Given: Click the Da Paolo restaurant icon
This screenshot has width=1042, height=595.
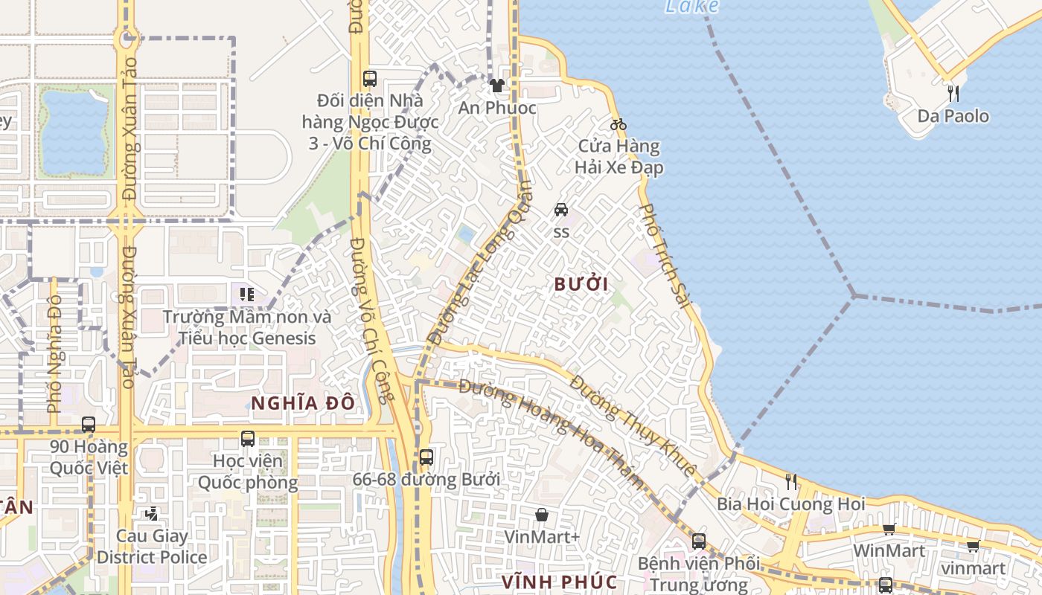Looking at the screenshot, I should tap(953, 94).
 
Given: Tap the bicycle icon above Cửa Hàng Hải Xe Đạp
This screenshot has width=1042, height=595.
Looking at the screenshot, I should tap(618, 124).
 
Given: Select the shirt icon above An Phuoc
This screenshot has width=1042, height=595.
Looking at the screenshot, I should tap(496, 86).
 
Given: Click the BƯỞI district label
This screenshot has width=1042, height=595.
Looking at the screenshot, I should tap(581, 284).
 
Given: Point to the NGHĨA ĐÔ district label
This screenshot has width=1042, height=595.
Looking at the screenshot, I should tap(302, 403).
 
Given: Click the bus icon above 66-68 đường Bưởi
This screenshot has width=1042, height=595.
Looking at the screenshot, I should tap(426, 457).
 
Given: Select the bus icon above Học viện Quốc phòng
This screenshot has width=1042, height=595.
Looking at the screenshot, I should tap(248, 439).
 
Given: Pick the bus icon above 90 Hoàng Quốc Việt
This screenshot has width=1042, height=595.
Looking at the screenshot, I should tap(89, 425).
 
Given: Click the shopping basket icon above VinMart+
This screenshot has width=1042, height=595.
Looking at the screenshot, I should tap(542, 515).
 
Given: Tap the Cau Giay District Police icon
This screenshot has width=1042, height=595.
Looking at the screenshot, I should tap(152, 513).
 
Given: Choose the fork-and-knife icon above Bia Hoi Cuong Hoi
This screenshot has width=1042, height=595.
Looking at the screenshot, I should tap(790, 482).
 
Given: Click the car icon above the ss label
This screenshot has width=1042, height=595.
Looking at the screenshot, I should tap(561, 210).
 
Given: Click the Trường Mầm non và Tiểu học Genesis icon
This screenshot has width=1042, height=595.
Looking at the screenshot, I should tap(247, 295).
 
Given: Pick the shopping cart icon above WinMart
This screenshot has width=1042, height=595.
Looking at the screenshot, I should tap(889, 530).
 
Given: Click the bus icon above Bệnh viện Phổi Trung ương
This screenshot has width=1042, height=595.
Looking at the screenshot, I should tap(698, 541).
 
